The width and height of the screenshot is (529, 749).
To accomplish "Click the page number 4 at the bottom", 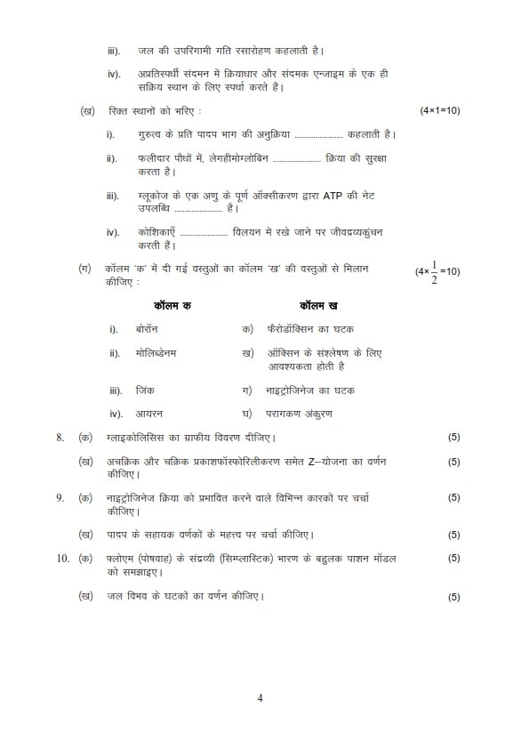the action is (260, 697).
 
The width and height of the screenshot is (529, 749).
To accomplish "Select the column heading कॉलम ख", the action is (318, 305).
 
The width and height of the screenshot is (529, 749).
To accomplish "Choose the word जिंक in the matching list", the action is (146, 390).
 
